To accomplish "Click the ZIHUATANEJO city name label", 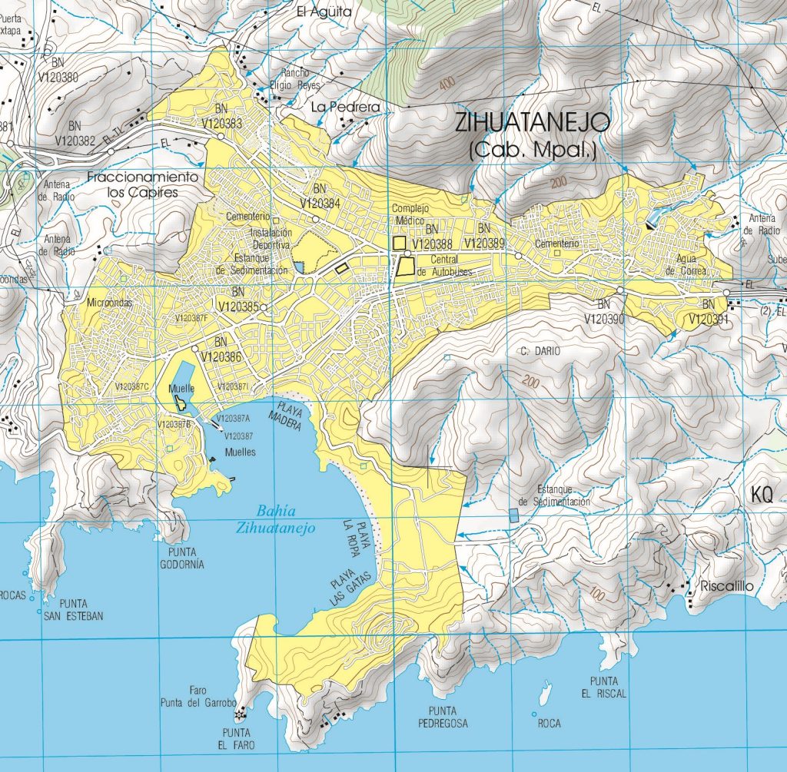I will pos(533,122).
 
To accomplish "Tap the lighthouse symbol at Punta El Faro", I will pos(240,714).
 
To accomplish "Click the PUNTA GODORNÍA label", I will pos(183,558).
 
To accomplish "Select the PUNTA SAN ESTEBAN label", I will pos(74,609).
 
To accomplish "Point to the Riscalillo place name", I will pos(724,587).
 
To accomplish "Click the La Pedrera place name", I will pos(346,107).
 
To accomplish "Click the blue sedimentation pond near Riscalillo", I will pos(513,516).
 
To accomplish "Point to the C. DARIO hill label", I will pos(540,350).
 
